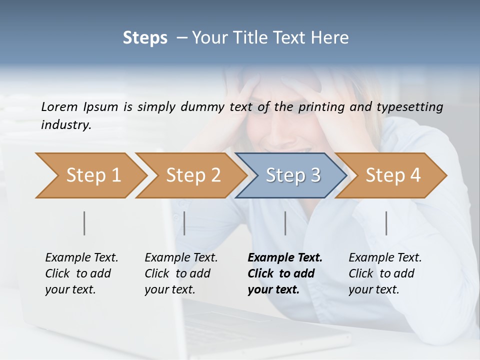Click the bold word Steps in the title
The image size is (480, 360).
(145, 38)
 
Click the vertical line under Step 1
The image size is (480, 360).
(84, 223)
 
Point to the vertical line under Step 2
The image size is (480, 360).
(184, 223)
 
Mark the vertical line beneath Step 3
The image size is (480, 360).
(285, 223)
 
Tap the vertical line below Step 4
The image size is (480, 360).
(386, 223)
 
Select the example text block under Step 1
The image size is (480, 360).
(81, 273)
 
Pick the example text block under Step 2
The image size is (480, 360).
(181, 273)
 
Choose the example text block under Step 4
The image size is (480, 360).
(385, 273)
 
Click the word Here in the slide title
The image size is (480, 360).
(332, 38)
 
